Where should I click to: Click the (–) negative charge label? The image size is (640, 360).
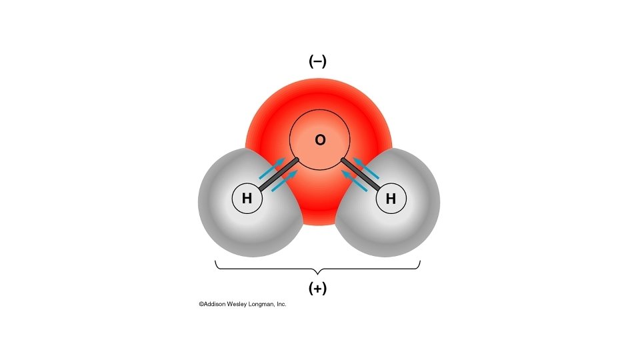coord(317,61)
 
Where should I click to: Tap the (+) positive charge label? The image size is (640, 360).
coord(317,289)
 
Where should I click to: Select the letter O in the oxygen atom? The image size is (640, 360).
coord(320,140)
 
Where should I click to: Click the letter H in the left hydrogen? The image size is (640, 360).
coord(247,198)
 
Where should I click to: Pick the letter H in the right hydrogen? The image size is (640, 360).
coord(391,198)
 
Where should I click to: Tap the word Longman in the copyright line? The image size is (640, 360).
coord(265,304)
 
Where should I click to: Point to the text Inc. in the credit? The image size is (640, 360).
coord(282,304)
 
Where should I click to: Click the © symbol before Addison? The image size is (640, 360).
coord(201,304)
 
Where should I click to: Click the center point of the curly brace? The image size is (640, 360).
coord(317,271)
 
